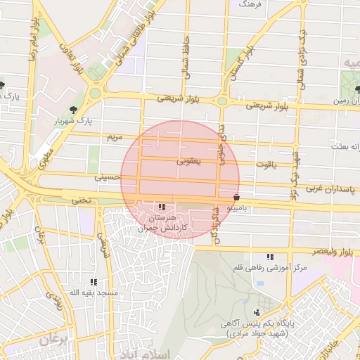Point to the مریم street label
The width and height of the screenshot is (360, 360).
tap(113, 135)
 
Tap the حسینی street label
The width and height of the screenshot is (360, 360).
tap(112, 179)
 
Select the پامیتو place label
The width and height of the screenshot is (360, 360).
tap(241, 209)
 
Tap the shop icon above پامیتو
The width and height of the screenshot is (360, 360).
tap(236, 198)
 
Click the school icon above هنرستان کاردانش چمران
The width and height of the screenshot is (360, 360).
tap(162, 207)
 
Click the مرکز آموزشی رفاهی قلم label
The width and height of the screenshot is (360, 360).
tap(269, 268)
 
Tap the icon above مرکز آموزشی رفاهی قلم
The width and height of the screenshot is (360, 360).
tap(269, 257)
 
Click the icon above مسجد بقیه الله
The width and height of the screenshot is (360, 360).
tap(93, 281)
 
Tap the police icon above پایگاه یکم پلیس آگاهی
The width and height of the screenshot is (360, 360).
tap(257, 312)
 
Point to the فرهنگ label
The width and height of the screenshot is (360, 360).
tap(250, 4)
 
